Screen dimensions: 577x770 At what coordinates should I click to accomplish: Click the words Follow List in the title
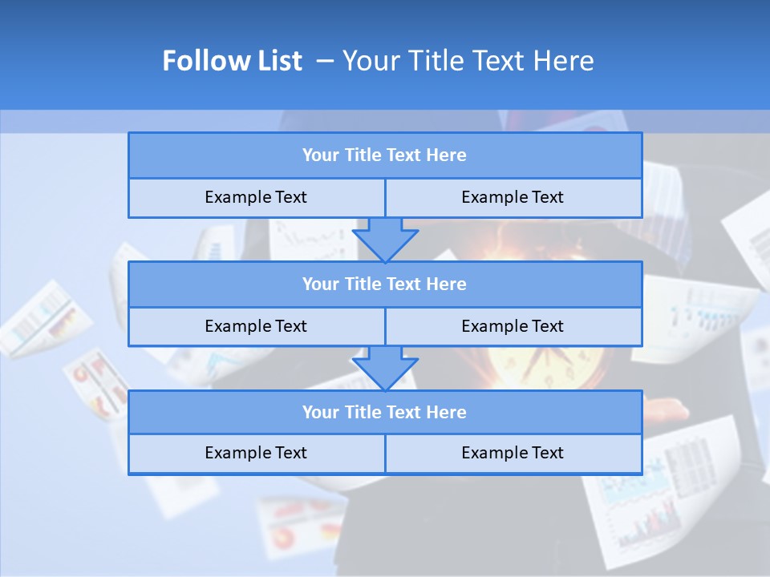click(x=232, y=61)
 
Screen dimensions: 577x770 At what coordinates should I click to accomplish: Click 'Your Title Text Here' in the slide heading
click(x=468, y=61)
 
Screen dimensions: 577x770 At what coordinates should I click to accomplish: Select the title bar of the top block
click(x=384, y=155)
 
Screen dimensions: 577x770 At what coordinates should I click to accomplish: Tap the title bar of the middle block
click(x=384, y=284)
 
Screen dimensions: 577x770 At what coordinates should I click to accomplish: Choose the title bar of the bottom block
click(x=384, y=413)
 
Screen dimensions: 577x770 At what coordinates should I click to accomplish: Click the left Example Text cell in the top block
click(x=256, y=197)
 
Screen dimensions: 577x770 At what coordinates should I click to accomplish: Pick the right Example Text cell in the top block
click(x=513, y=197)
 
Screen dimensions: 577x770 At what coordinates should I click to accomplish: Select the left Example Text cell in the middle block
click(x=256, y=326)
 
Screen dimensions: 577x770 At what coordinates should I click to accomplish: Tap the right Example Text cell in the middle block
click(x=513, y=326)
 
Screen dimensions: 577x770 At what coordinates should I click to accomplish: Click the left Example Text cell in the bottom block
click(x=256, y=453)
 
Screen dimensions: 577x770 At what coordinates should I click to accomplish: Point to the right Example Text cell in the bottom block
click(x=513, y=453)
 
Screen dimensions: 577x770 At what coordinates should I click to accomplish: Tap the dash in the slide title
click(x=325, y=61)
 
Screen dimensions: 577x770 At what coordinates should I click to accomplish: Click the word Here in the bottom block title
click(x=446, y=413)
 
